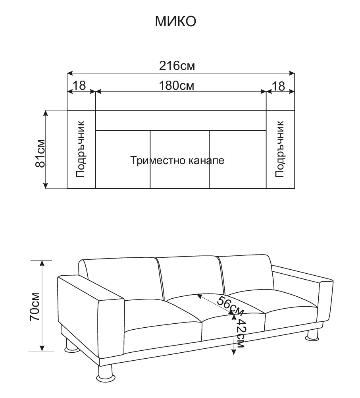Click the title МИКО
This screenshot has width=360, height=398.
tap(175, 21)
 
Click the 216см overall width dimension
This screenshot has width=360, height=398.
tap(177, 66)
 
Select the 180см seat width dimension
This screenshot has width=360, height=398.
tap(177, 86)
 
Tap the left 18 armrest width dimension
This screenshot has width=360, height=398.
tap(79, 86)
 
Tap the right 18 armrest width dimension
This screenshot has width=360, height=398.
tap(279, 86)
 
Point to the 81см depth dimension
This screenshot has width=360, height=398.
tap(40, 153)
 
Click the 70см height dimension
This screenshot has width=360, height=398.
tap(35, 307)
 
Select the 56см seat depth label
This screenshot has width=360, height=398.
tap(230, 305)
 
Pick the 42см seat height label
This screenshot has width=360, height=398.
tap(240, 333)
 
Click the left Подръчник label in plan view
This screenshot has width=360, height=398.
tap(80, 149)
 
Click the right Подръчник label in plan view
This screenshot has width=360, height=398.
tap(279, 149)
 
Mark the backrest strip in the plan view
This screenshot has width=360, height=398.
tap(181, 121)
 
